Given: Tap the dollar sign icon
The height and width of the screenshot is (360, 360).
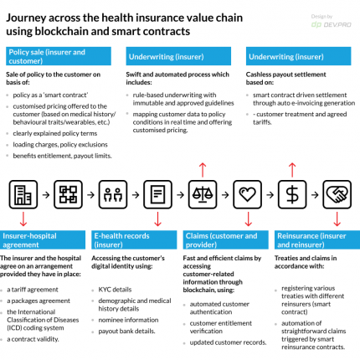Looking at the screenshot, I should [291, 197].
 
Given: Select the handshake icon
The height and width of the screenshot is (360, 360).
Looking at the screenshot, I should [337, 197].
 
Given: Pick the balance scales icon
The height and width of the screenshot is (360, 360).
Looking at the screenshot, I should [202, 197].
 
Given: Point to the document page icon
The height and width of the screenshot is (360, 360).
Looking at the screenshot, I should [157, 197].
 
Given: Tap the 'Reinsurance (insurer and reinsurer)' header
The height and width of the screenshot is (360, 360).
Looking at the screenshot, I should [311, 242].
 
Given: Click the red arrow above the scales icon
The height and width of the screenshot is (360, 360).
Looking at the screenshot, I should [202, 170].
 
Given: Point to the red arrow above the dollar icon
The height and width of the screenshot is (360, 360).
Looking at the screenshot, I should [291, 170].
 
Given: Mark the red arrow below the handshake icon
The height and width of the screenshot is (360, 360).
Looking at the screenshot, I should [337, 221].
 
